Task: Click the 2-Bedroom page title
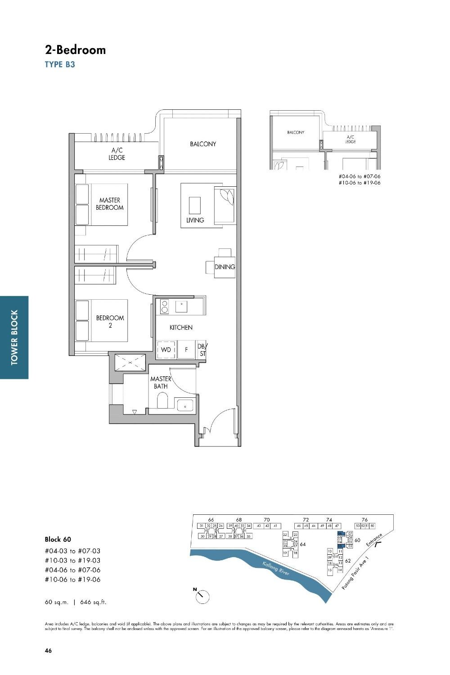(x=75, y=50)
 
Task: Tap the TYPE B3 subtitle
(x=60, y=64)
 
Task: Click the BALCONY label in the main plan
(x=202, y=144)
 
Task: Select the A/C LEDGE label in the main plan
(x=117, y=154)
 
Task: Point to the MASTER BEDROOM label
(x=109, y=204)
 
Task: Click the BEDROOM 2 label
(x=110, y=321)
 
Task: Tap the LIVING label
(x=195, y=220)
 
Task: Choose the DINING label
(x=225, y=267)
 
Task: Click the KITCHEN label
(x=181, y=328)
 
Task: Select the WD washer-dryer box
(x=166, y=349)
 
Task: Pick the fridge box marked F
(x=186, y=349)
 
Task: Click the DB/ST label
(x=202, y=350)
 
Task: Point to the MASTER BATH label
(x=161, y=382)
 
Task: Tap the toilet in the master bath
(x=162, y=400)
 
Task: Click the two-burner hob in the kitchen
(x=164, y=306)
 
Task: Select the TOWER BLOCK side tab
(x=14, y=337)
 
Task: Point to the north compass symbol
(x=202, y=597)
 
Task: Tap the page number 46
(x=48, y=650)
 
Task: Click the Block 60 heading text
(x=58, y=539)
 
